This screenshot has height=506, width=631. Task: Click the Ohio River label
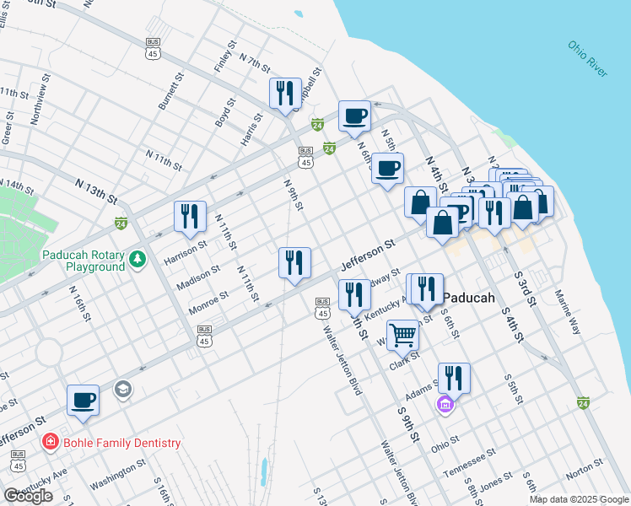[x=587, y=58]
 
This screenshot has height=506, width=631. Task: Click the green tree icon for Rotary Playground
[x=139, y=261]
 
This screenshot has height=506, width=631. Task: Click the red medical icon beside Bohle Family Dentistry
[x=51, y=443]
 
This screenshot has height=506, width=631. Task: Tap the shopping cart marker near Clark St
[x=403, y=334]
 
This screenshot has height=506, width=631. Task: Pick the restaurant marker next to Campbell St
[x=285, y=92]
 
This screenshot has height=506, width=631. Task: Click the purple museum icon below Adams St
[x=445, y=406]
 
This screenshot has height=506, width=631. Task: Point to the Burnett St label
[x=170, y=91]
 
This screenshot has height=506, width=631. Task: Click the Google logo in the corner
[x=28, y=496]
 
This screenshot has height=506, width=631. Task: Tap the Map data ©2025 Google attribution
[x=578, y=499]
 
